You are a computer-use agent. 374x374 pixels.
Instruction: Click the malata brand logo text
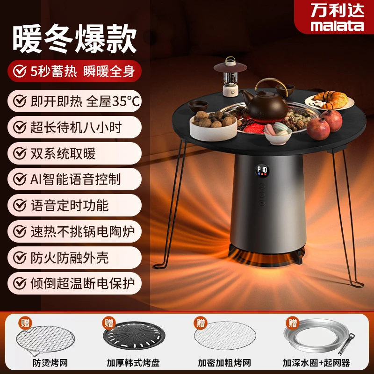tap(337, 25)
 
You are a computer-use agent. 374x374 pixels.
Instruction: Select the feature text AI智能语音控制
tap(77, 179)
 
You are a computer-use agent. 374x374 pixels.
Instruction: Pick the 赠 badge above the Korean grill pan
tap(108, 323)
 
